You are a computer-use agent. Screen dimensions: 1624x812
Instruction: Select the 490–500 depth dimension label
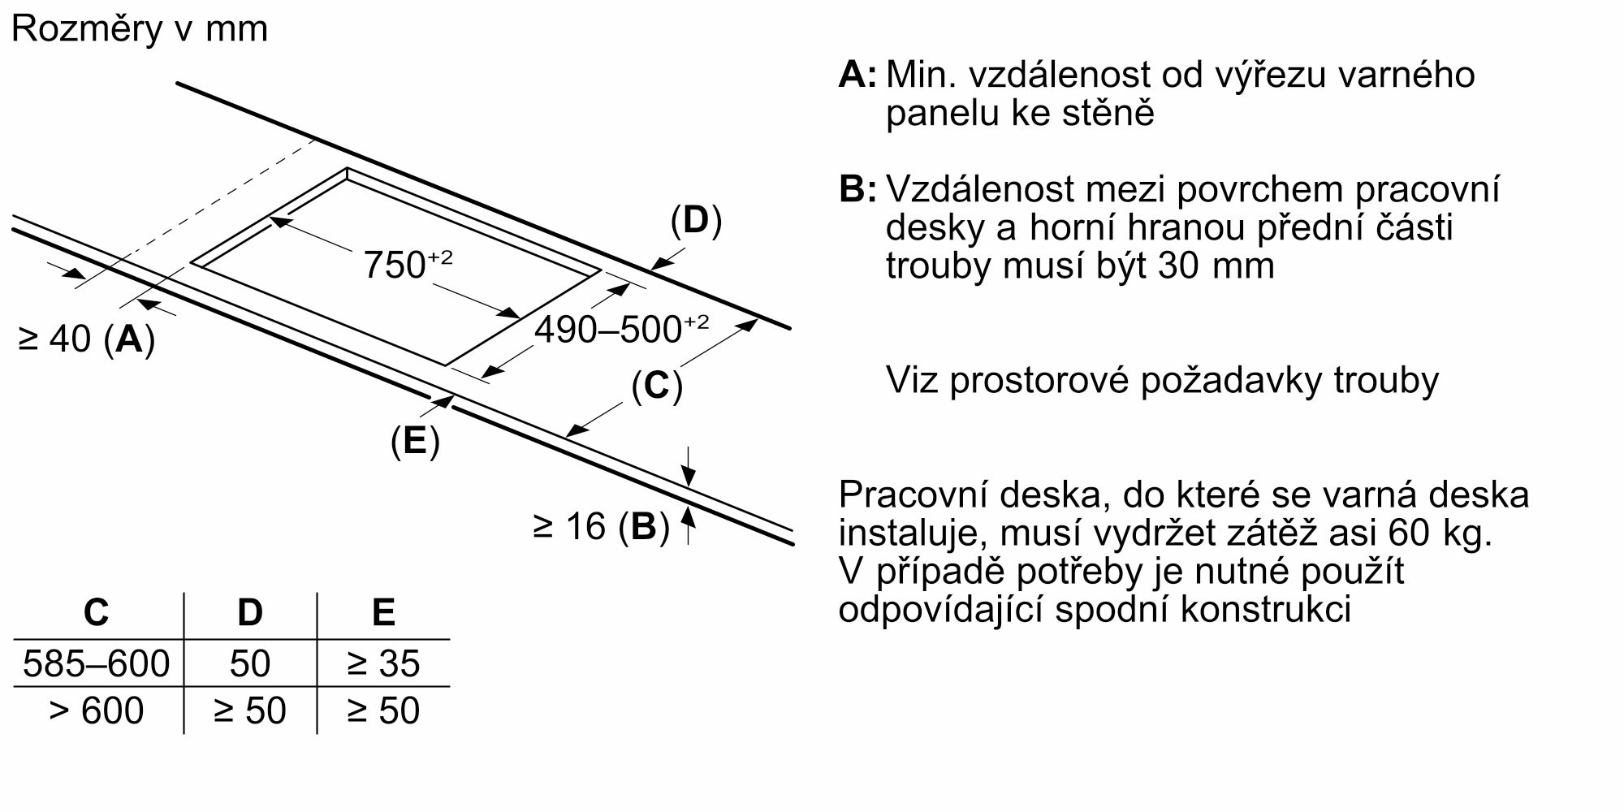622,329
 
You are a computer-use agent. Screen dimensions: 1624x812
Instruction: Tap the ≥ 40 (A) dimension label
86,339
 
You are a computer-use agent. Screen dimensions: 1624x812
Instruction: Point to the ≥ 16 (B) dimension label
601,526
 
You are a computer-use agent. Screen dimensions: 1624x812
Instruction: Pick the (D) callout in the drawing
696,220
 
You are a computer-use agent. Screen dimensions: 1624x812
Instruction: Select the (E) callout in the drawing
415,441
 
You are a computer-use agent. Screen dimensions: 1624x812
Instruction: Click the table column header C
97,612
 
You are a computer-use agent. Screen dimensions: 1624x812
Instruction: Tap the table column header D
250,612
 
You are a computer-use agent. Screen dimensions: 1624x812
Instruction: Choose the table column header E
383,612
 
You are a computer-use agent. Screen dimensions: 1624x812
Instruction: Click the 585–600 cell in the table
97,663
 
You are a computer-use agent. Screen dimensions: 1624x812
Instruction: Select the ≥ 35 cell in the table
383,663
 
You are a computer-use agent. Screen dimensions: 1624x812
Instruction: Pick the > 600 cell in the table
97,710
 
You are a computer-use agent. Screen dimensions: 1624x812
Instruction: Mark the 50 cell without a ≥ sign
250,663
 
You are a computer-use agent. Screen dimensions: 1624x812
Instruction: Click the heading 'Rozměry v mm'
140,29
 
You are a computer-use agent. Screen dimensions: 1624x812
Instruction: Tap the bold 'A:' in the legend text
857,75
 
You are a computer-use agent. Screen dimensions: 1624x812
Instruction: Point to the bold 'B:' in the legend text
857,189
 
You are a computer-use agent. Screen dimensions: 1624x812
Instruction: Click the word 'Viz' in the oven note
911,379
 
